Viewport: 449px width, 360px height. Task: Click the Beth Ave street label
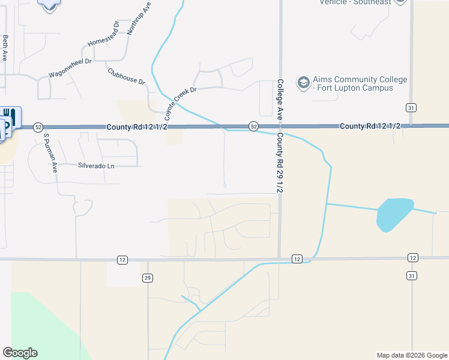(x=5, y=47)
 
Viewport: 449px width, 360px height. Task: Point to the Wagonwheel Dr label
(x=70, y=68)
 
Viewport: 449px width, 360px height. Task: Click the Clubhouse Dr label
(x=127, y=76)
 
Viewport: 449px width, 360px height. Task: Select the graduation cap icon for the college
(x=304, y=82)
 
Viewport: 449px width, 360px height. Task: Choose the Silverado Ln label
(x=95, y=165)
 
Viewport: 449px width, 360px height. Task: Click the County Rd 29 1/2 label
(x=280, y=162)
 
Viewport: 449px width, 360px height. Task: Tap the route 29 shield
(x=147, y=278)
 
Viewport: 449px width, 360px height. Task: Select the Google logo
(x=20, y=353)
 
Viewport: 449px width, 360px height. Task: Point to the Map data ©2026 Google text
(x=411, y=355)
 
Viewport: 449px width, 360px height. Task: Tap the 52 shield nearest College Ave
(x=254, y=126)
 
